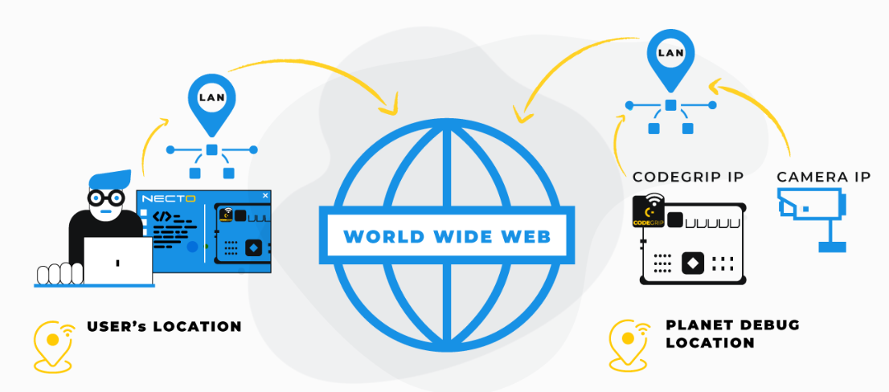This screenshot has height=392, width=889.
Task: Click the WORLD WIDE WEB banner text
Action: pyautogui.click(x=447, y=236)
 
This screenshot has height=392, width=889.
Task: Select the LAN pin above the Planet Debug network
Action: pyautogui.click(x=670, y=55)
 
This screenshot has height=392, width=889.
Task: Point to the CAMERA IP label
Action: pyautogui.click(x=824, y=177)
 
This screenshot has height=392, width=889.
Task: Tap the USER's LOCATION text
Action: pyautogui.click(x=164, y=327)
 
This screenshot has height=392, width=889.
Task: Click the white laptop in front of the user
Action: pyautogui.click(x=118, y=261)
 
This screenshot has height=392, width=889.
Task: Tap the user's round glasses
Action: pyautogui.click(x=106, y=197)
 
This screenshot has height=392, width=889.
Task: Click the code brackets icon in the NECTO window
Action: pyautogui.click(x=162, y=216)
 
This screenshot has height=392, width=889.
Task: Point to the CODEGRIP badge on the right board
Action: pyautogui.click(x=649, y=211)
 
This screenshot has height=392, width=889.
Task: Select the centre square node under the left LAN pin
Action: pyautogui.click(x=211, y=150)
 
